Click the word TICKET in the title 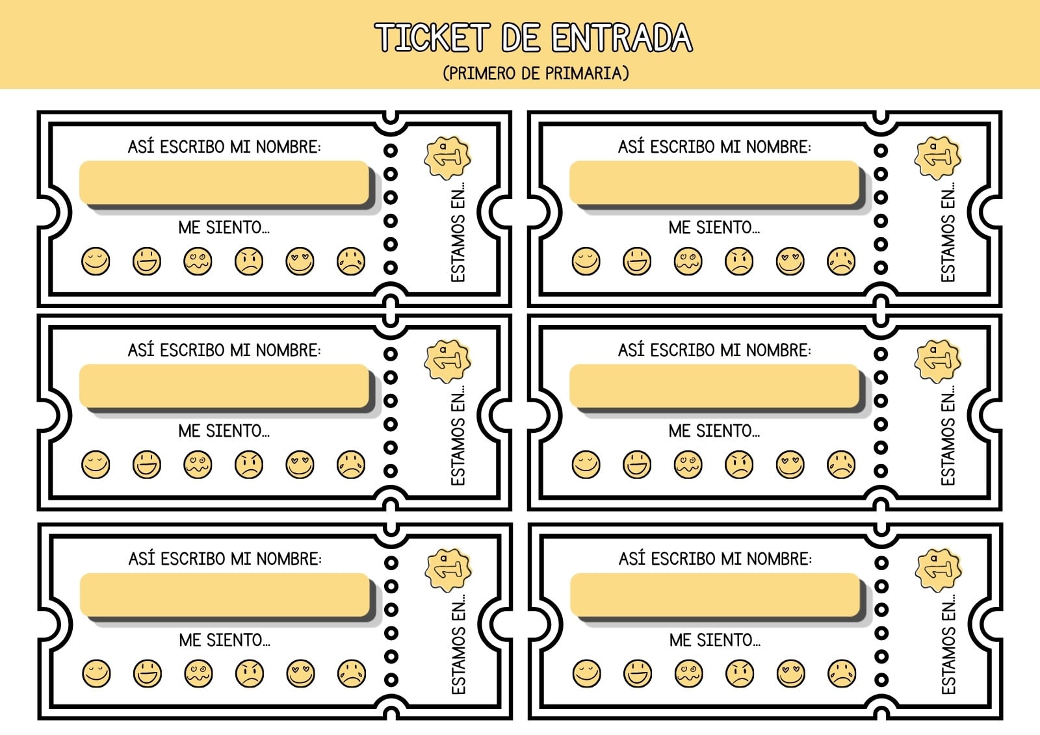coord(432,37)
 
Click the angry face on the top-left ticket coord(249,261)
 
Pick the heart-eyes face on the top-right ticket coord(790,261)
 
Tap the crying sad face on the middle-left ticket coord(351,464)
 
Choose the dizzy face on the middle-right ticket coord(688,464)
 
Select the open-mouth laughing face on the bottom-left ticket coord(148,673)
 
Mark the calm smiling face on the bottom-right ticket coord(587,673)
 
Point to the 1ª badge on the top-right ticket coord(937,158)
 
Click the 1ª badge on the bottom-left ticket coord(448,570)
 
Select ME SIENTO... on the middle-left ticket coord(224,431)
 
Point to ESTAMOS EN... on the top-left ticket coord(458,232)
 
